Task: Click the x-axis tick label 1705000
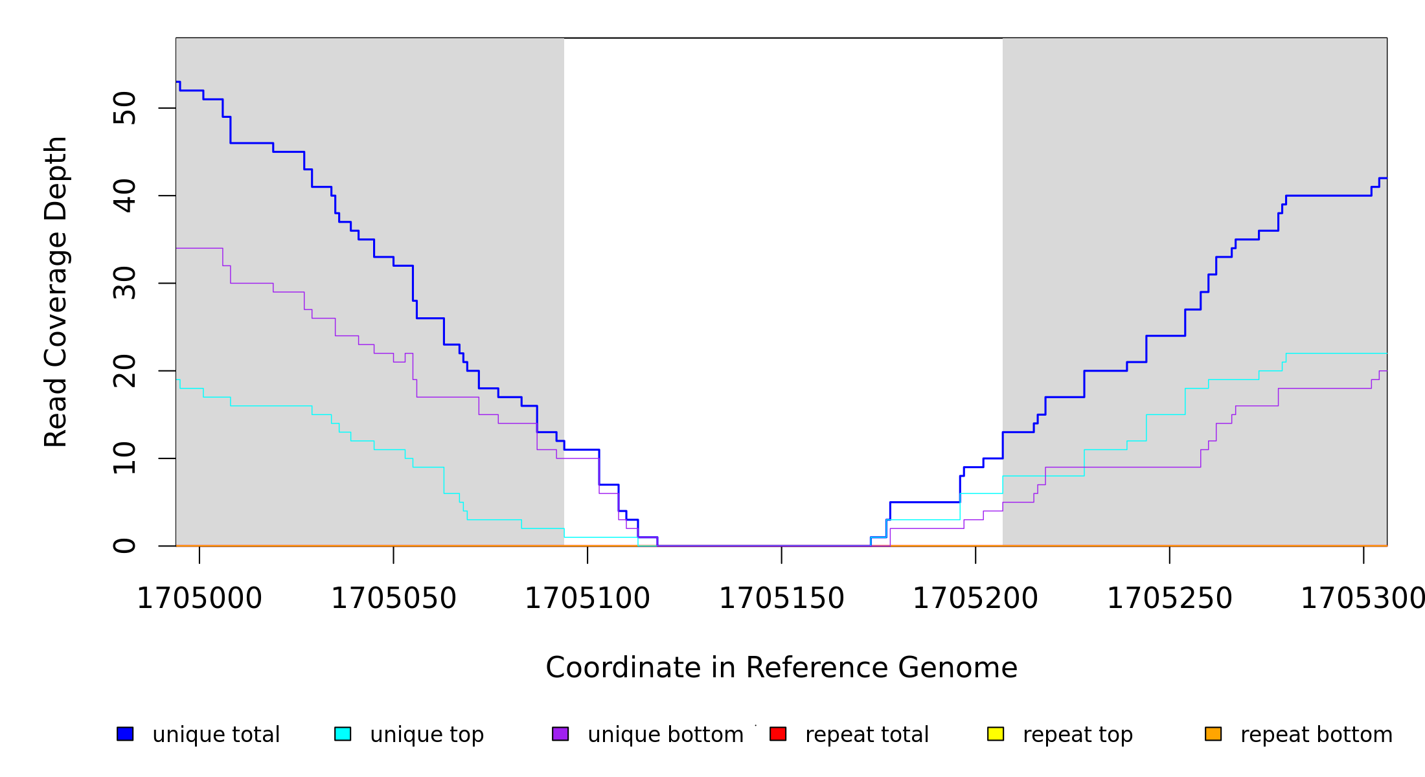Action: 199,599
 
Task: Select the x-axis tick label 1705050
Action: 394,599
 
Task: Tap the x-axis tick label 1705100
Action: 587,599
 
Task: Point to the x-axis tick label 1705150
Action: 782,599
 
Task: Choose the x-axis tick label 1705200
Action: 975,599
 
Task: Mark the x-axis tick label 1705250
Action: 1170,599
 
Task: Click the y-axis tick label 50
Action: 125,108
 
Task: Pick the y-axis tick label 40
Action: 125,196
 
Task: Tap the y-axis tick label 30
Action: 125,283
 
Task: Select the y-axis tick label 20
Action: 125,371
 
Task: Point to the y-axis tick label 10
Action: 125,458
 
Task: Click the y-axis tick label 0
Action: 125,546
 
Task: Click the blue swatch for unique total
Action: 125,734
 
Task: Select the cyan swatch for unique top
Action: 343,734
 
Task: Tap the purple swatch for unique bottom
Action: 560,734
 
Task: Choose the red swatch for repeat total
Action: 778,734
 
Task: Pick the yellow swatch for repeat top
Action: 996,734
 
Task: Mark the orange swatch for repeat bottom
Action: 1213,734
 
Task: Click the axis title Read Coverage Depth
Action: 56,291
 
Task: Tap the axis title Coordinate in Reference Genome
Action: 781,668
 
